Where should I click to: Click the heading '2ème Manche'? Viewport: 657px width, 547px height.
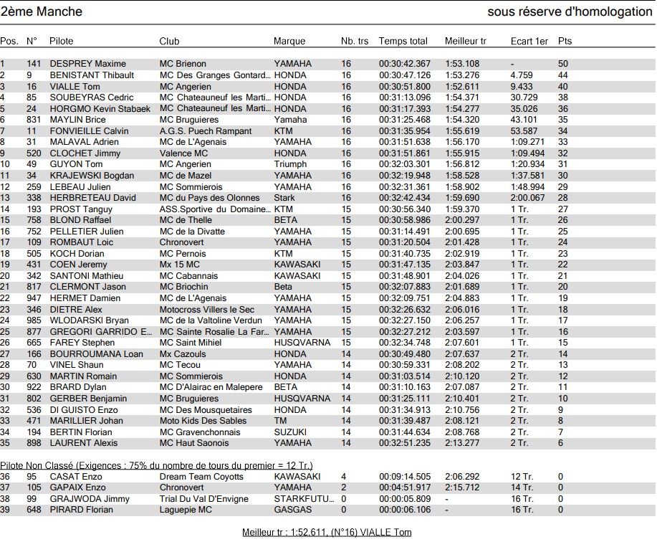pos(42,11)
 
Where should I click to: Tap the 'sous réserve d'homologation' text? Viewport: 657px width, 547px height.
pos(570,11)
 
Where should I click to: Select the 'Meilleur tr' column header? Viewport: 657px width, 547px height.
pos(465,41)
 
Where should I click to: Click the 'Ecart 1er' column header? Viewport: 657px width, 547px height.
pos(529,41)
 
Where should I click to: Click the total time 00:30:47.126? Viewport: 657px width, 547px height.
pos(405,75)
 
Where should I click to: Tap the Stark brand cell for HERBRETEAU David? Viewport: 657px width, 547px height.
pos(284,198)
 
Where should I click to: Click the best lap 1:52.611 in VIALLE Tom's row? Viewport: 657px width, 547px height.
pos(462,86)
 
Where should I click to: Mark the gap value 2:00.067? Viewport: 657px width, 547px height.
pos(528,198)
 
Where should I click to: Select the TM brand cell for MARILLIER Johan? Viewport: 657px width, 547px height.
pos(280,421)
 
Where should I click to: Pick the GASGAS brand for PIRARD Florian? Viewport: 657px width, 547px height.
pos(292,510)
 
